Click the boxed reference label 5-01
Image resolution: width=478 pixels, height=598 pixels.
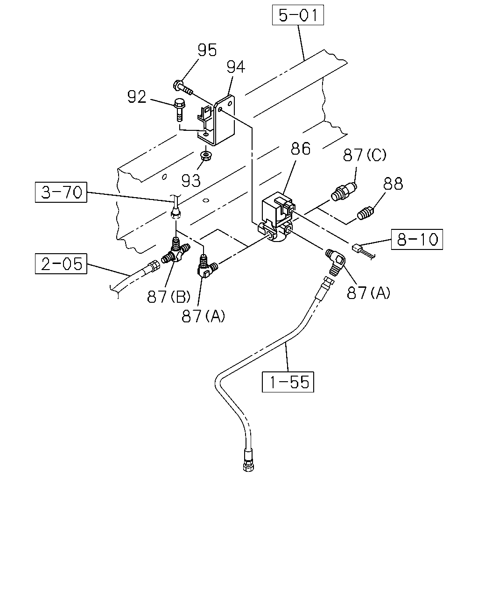298,15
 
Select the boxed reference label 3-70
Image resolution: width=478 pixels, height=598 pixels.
61,192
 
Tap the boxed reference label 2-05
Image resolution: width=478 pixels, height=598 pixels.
61,263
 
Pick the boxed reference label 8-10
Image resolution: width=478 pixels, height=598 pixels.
417,239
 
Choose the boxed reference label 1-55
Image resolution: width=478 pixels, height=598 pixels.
288,382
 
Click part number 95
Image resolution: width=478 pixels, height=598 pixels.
207,50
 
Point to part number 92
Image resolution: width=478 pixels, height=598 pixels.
137,97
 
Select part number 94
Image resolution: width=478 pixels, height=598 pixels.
236,67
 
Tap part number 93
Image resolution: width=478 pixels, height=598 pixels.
191,181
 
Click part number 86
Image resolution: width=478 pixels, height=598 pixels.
301,149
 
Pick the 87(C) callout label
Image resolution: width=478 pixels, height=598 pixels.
365,155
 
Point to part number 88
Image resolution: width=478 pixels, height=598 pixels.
393,184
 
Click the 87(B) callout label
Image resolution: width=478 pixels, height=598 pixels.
169,297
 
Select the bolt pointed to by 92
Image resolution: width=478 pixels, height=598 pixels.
179,110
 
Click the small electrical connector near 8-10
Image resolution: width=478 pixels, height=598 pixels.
356,247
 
